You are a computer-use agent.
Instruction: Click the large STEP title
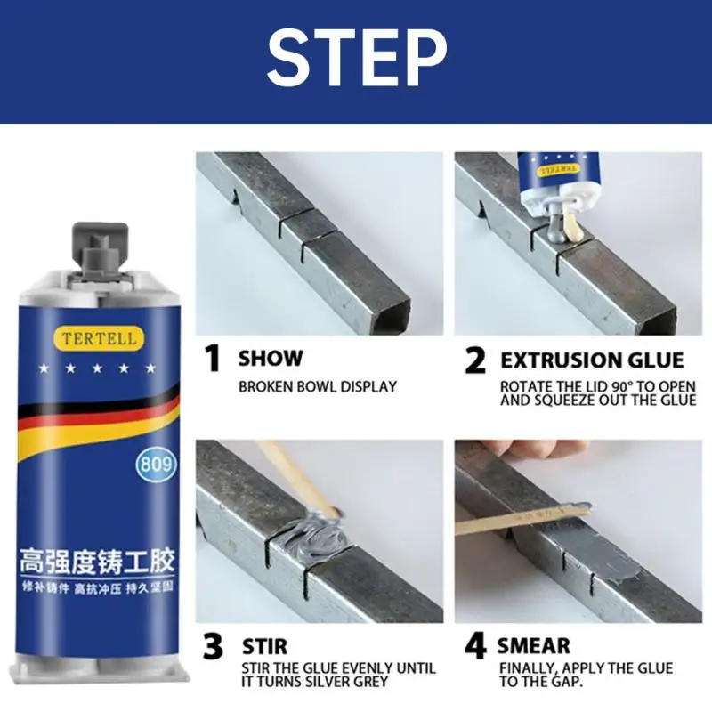point(357,58)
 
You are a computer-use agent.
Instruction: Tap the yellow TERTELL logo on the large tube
point(99,338)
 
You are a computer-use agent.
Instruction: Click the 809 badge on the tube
point(156,464)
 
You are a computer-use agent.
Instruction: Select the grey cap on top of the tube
point(99,247)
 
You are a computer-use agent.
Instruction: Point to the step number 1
point(212,359)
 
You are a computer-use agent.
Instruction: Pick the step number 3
point(213,646)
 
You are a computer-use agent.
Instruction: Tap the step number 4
point(475,646)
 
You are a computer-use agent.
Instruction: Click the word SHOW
point(271,359)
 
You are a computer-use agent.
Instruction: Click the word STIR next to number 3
point(264,646)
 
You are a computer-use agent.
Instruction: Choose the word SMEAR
point(533,646)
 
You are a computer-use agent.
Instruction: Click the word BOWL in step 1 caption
point(316,387)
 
